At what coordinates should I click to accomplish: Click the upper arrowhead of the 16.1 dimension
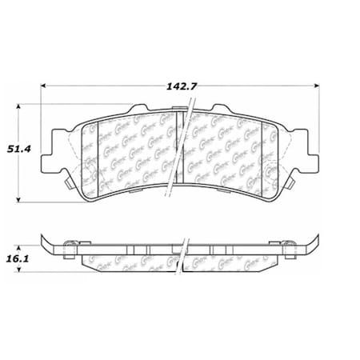pos(22,243)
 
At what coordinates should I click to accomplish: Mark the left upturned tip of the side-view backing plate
pos(44,238)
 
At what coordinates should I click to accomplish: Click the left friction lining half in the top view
pos(132,152)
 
